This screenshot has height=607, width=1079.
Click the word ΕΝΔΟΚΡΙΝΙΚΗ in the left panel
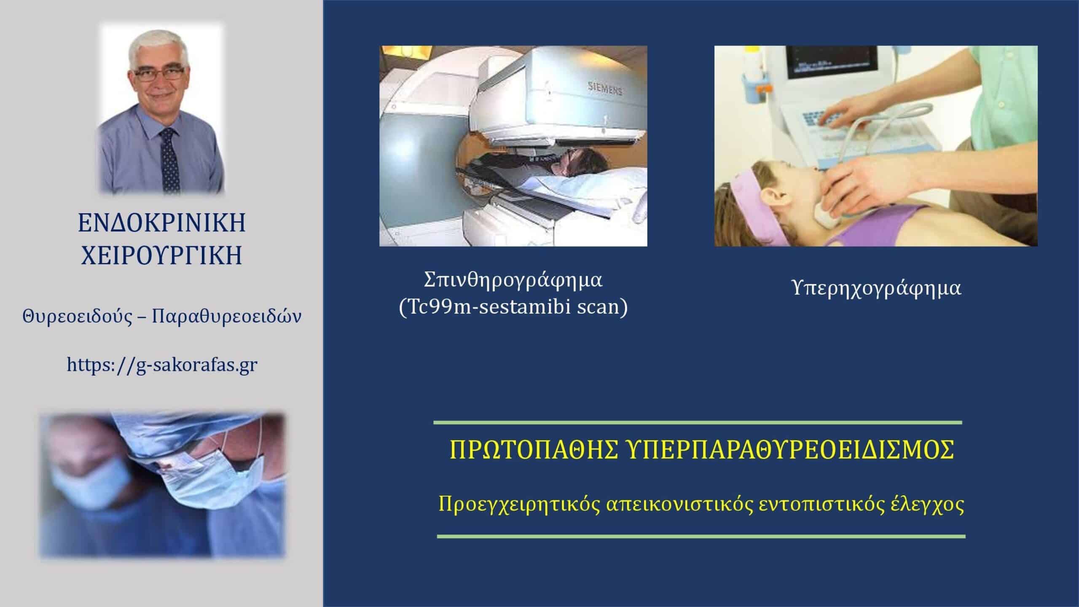[162, 223]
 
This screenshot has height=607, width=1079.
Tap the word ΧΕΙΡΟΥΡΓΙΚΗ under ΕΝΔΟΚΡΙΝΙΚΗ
[162, 255]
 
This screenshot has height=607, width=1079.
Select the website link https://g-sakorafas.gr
[162, 365]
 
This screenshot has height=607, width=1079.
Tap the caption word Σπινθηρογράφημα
[513, 280]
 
